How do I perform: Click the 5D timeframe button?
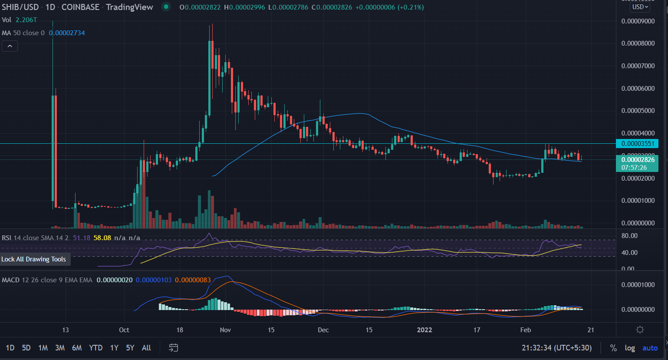tap(26, 348)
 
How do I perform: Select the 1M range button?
tap(43, 348)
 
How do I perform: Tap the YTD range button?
tap(95, 348)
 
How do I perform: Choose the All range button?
tap(146, 348)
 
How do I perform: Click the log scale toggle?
tap(630, 348)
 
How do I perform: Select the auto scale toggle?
tap(650, 348)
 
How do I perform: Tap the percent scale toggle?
tap(613, 348)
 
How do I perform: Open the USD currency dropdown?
tap(640, 7)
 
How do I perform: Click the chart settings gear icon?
tap(640, 330)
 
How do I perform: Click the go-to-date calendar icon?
tap(173, 348)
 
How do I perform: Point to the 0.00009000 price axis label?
tap(638, 21)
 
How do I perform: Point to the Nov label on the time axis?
tap(225, 330)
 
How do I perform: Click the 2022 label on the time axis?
tap(424, 330)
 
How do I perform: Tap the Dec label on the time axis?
tap(323, 330)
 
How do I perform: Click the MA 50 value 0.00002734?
tap(67, 33)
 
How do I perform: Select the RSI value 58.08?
tap(102, 238)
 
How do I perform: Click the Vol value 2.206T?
tap(26, 20)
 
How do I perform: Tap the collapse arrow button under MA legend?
tap(10, 46)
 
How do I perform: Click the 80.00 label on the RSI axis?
tap(629, 236)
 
